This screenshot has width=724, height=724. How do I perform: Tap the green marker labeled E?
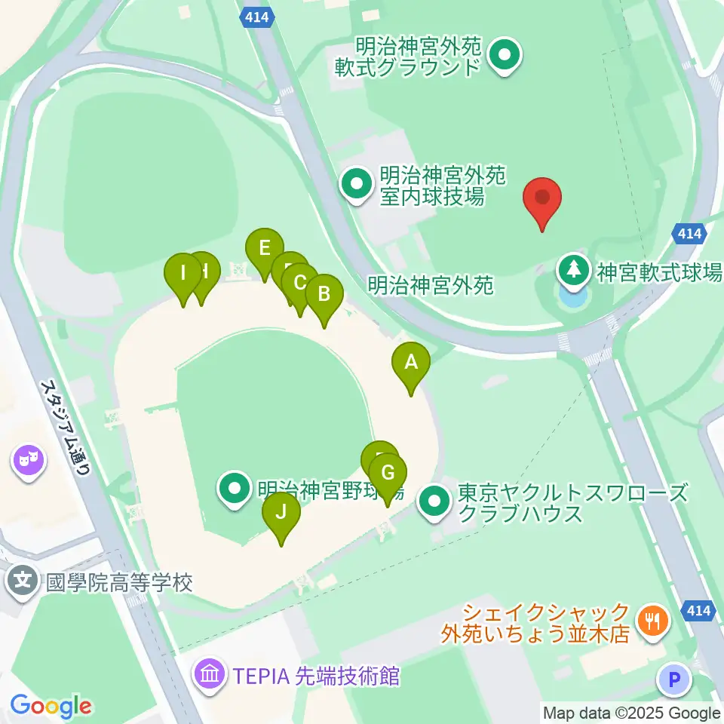(264, 249)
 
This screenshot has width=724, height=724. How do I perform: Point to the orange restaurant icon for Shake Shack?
(649, 621)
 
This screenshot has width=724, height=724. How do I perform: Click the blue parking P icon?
(674, 680)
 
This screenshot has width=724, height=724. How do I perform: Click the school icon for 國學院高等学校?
(24, 581)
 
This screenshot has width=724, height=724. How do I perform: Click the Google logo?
(51, 706)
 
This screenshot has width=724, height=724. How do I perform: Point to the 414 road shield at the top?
(256, 16)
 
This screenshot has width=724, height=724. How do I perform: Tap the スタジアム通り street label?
(66, 426)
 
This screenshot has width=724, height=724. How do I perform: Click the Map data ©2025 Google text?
(632, 713)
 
